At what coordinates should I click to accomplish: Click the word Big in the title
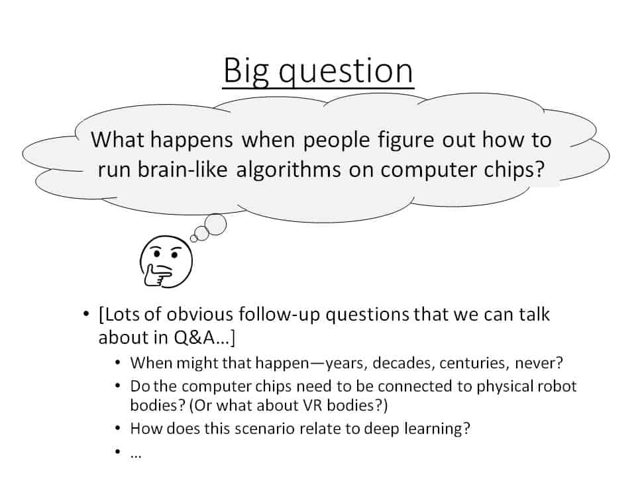pos(245,72)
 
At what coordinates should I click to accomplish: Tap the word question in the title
pos(346,72)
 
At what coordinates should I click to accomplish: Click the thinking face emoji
pos(166,261)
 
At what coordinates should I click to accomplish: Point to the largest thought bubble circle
pos(215,225)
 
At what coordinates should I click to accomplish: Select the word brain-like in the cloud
pos(183,169)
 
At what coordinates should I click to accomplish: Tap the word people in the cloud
pos(337,140)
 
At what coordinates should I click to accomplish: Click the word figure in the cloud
pos(405,140)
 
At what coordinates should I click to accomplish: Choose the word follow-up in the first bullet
pos(279,315)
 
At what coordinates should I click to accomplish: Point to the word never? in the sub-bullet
pos(539,363)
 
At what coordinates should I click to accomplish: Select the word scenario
pos(264,429)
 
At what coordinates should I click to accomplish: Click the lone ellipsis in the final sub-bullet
pos(136,456)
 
